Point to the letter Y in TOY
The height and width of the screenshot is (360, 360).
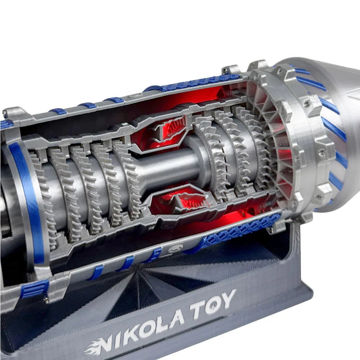click(x=228, y=298)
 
